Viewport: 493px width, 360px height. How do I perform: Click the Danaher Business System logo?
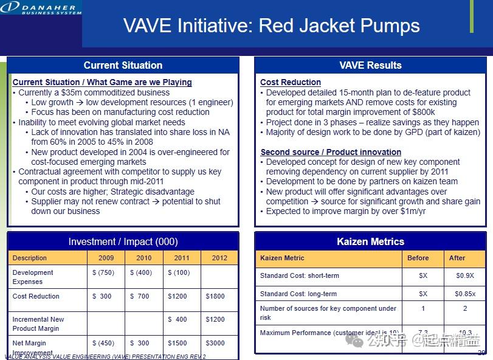click(x=41, y=8)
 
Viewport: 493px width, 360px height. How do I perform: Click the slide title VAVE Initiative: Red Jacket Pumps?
click(x=271, y=26)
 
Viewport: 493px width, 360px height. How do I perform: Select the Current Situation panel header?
click(x=123, y=65)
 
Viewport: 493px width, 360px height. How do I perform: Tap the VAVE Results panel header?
click(x=370, y=65)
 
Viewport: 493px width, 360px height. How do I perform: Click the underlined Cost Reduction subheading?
click(x=290, y=82)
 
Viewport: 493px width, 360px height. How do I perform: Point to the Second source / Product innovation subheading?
click(x=331, y=152)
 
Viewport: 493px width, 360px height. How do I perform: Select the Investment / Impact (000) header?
click(x=123, y=241)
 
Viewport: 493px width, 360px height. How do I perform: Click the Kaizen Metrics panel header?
click(x=370, y=241)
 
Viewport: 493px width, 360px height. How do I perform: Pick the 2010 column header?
click(x=143, y=258)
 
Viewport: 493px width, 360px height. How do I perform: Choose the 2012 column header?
click(x=219, y=258)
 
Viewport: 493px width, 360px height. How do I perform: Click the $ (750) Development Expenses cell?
click(x=103, y=273)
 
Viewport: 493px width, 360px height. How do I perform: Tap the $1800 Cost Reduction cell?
click(x=215, y=296)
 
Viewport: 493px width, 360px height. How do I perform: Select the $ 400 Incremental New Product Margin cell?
click(x=178, y=319)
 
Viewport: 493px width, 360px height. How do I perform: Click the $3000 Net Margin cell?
click(x=215, y=344)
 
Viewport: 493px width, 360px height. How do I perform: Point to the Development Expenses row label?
click(x=33, y=277)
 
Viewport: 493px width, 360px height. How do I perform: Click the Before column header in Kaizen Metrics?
click(x=418, y=258)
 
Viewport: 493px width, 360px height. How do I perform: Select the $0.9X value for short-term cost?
click(x=464, y=275)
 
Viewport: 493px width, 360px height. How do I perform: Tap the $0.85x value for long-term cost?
click(x=466, y=294)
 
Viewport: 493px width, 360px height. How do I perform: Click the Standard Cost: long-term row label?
click(x=298, y=294)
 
